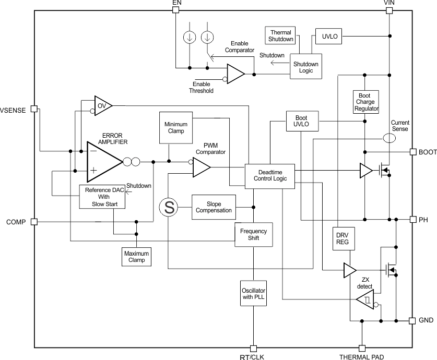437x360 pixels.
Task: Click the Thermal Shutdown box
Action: click(281, 35)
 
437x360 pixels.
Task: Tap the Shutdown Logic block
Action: click(306, 67)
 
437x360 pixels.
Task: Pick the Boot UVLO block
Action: click(302, 122)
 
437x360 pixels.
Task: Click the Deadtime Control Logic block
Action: click(269, 175)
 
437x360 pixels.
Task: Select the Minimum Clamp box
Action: click(175, 128)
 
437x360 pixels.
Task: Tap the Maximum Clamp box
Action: click(136, 257)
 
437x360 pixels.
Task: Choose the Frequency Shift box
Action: click(253, 235)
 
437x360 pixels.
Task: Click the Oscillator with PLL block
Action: click(253, 293)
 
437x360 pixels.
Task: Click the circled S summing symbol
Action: click(169, 208)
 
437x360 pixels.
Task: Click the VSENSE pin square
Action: click(34, 109)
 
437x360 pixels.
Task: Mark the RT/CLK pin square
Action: click(254, 348)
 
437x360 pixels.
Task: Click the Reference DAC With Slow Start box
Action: click(102, 197)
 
